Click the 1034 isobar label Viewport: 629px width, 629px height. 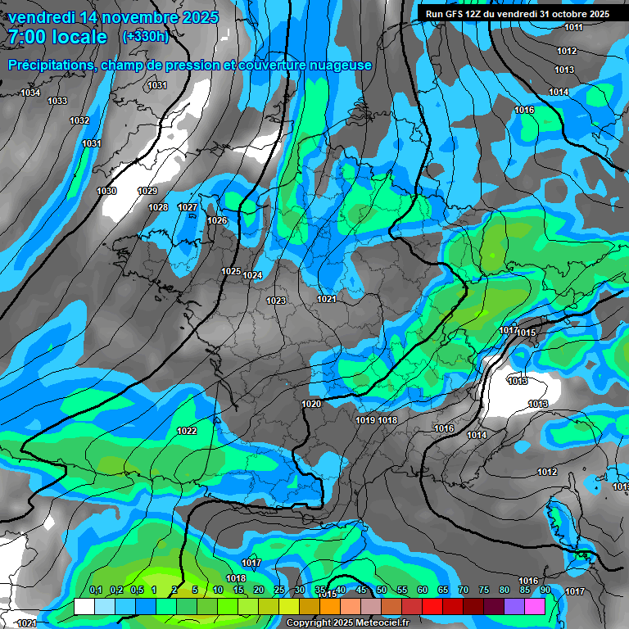coord(30,93)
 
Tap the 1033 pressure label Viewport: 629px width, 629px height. coord(57,101)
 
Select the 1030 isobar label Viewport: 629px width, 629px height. coord(106,191)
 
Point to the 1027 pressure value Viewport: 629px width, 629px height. coord(188,207)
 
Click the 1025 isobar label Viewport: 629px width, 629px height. coord(231,271)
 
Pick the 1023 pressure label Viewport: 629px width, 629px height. coord(276,301)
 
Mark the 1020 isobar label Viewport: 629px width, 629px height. coord(311,404)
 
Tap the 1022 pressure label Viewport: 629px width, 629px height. coord(187,431)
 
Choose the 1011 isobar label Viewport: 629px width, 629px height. coord(573,28)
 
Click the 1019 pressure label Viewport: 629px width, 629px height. coord(365,420)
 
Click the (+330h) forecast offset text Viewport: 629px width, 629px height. coord(146,37)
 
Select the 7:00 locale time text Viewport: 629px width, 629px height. coord(57,37)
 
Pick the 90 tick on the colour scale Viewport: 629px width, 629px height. coord(545,591)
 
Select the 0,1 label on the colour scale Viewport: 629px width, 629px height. coord(95,591)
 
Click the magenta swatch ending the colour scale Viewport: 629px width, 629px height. coord(535,605)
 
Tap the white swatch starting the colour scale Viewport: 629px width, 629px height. coord(84,605)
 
